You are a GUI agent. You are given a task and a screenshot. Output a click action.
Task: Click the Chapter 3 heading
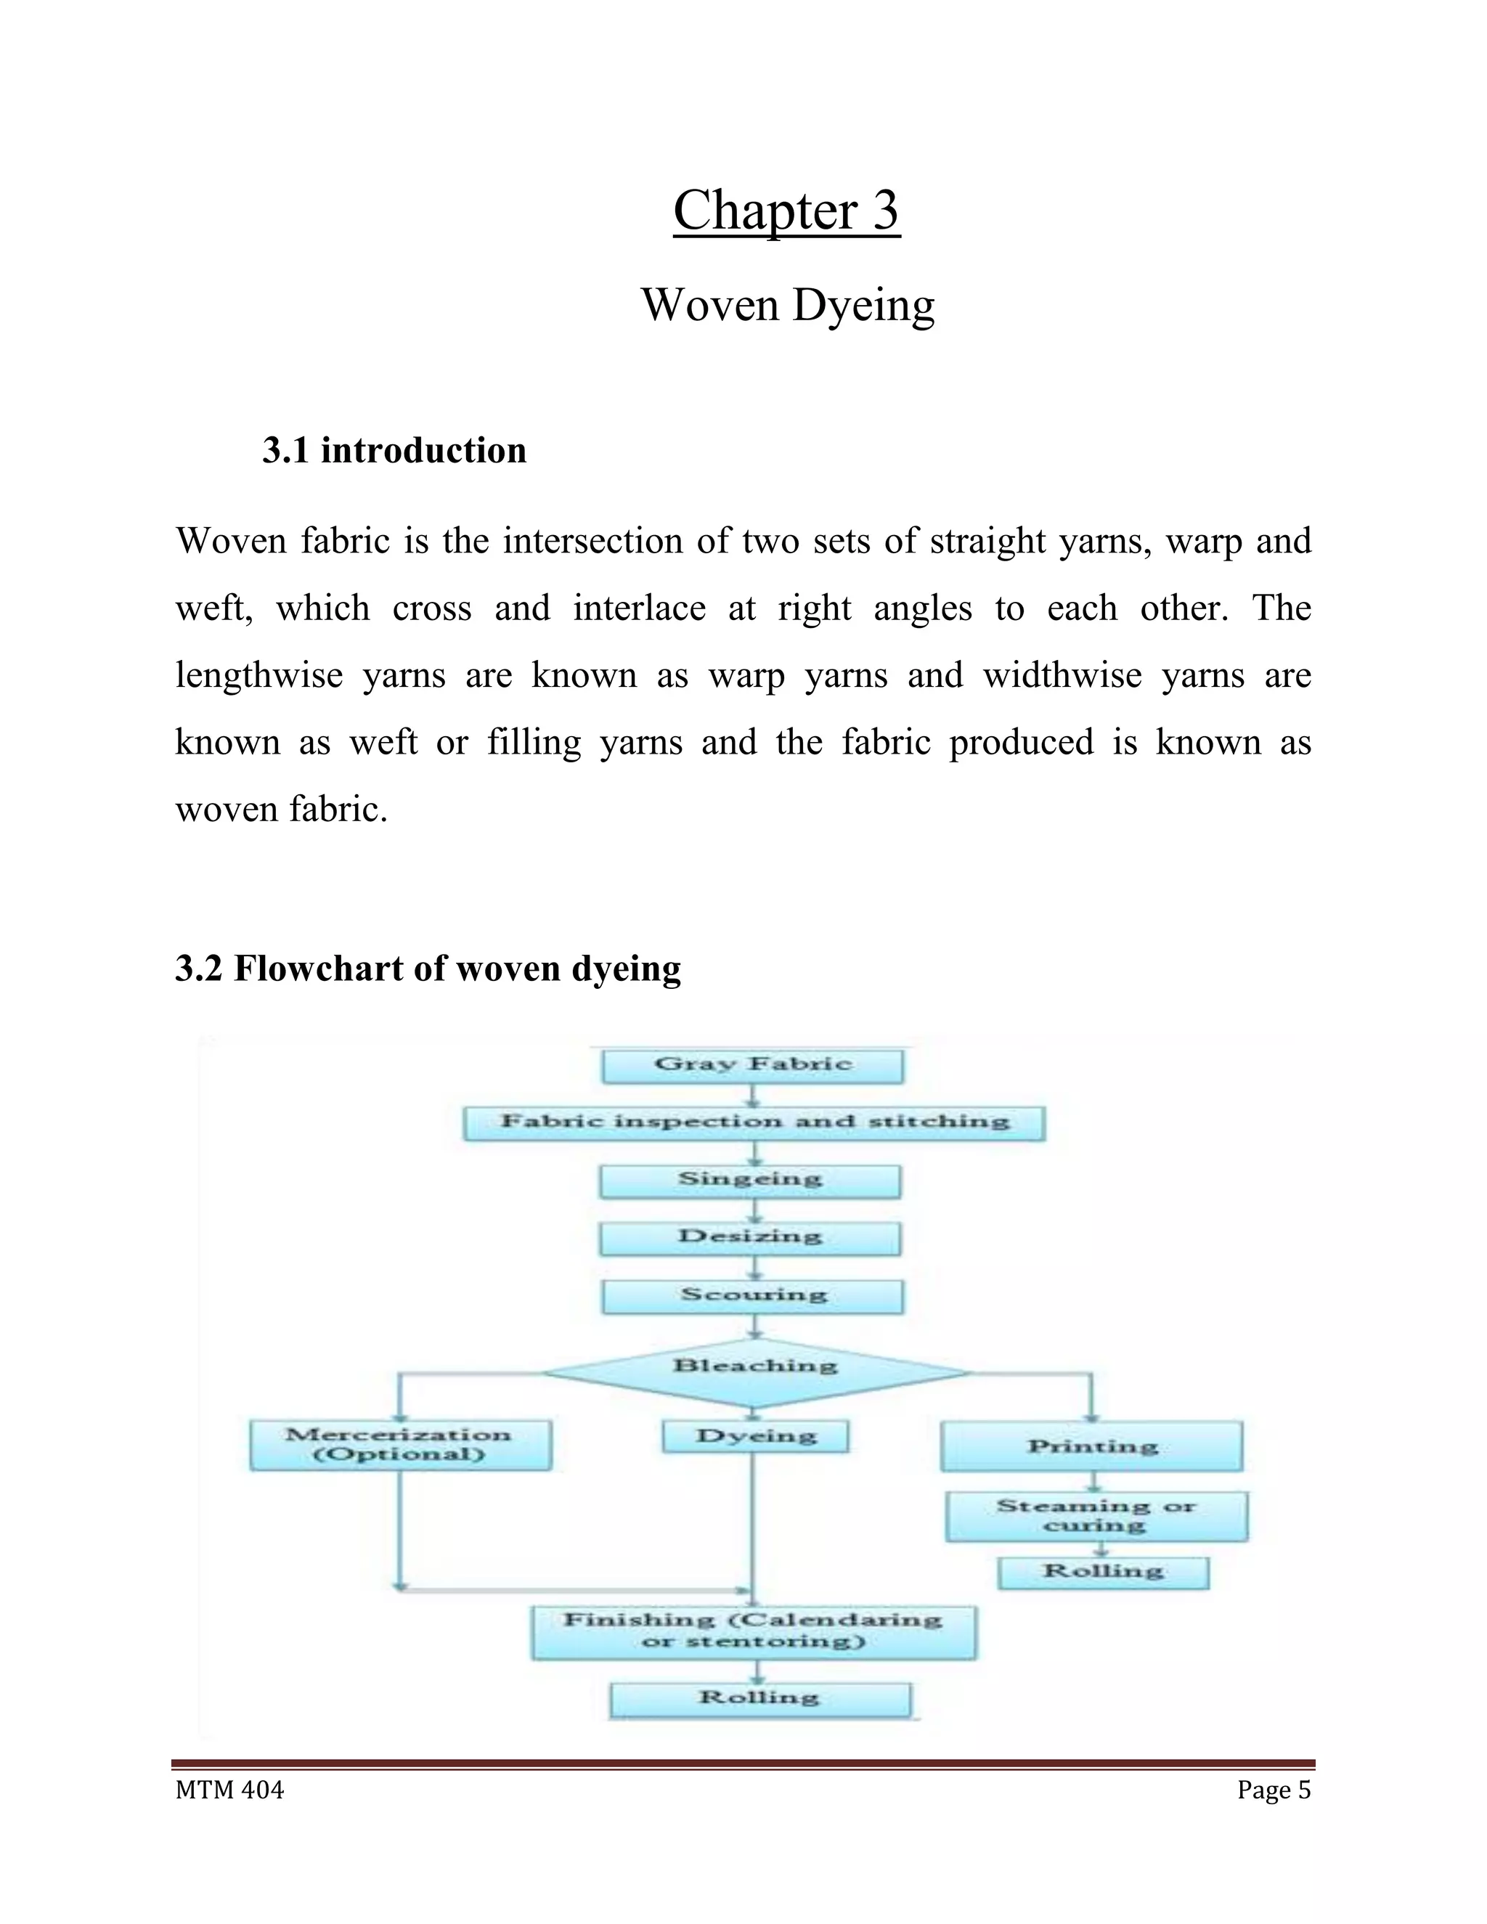click(x=786, y=211)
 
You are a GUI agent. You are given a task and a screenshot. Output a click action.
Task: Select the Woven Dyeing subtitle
click(x=786, y=305)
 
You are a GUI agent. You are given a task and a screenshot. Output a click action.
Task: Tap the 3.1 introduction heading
click(x=394, y=450)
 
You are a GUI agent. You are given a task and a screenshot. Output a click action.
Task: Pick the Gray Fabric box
click(x=752, y=1065)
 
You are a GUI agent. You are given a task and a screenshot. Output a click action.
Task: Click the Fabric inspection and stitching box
click(x=754, y=1123)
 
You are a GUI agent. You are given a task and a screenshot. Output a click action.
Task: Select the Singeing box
click(x=749, y=1181)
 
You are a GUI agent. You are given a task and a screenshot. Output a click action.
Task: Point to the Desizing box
click(x=749, y=1238)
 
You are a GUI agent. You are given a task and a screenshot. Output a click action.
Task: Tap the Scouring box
click(x=753, y=1296)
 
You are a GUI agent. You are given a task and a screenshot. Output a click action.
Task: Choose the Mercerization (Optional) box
click(x=400, y=1445)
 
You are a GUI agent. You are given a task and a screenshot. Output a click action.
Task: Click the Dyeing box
click(x=755, y=1437)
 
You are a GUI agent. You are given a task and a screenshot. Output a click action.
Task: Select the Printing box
click(x=1091, y=1446)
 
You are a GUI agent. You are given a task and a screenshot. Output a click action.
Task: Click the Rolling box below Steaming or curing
click(x=1103, y=1573)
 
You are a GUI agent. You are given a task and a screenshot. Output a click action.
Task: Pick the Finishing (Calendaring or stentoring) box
click(x=753, y=1632)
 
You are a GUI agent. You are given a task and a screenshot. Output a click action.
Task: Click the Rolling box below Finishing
click(x=759, y=1700)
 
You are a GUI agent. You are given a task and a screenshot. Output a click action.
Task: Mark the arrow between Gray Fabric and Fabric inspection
click(x=752, y=1095)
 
